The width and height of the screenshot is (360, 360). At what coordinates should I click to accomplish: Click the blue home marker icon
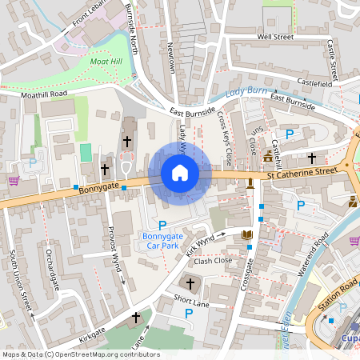179,173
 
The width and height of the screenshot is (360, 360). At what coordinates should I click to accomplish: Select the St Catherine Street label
302,170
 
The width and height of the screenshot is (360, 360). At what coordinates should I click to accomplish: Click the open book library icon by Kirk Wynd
246,234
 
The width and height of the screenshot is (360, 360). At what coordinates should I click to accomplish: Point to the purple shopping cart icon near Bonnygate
14,181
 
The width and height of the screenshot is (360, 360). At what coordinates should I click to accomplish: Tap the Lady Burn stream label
245,93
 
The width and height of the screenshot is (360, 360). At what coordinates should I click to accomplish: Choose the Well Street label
276,38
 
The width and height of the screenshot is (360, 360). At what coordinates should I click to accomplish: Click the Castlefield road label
314,82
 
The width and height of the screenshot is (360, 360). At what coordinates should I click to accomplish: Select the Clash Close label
213,261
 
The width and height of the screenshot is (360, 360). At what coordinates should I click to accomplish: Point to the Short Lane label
190,301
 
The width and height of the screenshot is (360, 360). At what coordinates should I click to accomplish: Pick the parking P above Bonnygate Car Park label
162,225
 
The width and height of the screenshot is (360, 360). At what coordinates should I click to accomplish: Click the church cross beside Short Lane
190,283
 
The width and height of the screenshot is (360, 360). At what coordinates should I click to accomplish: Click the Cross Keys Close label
225,134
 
